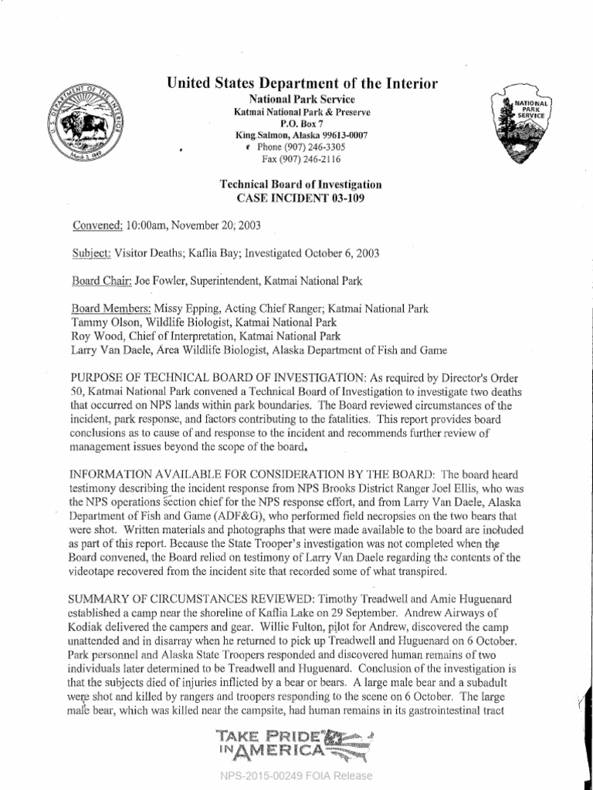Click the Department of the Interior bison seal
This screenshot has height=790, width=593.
click(x=86, y=123)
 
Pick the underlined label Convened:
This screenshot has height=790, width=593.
click(x=97, y=225)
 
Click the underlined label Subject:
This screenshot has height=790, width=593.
click(x=91, y=253)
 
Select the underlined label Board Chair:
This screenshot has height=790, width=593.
click(x=101, y=281)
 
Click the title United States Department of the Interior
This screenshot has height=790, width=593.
click(x=302, y=83)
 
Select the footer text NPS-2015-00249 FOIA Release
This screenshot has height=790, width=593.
click(x=296, y=776)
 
